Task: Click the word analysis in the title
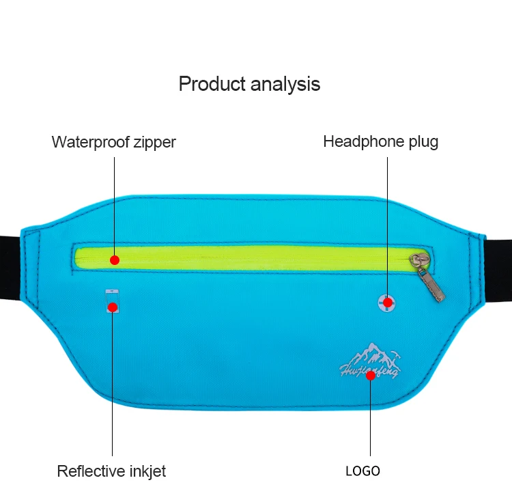[x=285, y=84]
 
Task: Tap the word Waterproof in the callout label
[x=89, y=142]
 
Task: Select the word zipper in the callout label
[x=154, y=143]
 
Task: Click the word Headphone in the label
[x=362, y=141]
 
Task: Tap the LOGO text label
[x=362, y=471]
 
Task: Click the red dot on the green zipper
[x=115, y=260]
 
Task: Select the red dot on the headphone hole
[x=388, y=302]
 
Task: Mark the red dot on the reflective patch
[x=112, y=307]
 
